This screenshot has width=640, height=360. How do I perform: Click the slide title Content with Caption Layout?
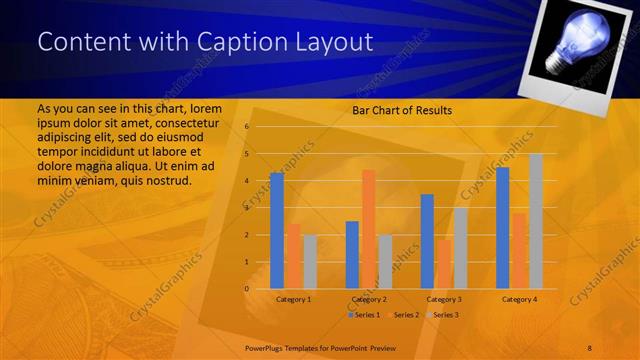point(205,42)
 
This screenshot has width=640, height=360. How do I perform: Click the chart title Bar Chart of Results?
point(402,110)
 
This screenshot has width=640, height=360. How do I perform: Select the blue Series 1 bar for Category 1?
point(277,231)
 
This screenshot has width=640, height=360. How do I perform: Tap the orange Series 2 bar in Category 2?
point(368,229)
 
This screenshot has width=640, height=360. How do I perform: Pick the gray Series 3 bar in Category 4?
point(536,221)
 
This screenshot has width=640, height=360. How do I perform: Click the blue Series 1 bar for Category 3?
point(427,241)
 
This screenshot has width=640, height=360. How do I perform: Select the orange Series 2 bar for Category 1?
point(293,256)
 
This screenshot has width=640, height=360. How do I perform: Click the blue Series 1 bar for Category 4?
point(503,228)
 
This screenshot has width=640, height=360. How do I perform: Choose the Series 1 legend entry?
point(364,315)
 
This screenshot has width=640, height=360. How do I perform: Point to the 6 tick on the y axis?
point(247,127)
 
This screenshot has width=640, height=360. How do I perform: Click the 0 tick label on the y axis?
point(247,289)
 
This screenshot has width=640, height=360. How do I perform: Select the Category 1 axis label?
point(293,299)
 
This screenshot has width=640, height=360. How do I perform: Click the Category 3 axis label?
point(444,299)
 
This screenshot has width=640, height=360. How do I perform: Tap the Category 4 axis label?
point(519,299)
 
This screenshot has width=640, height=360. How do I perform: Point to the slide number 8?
point(589,346)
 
